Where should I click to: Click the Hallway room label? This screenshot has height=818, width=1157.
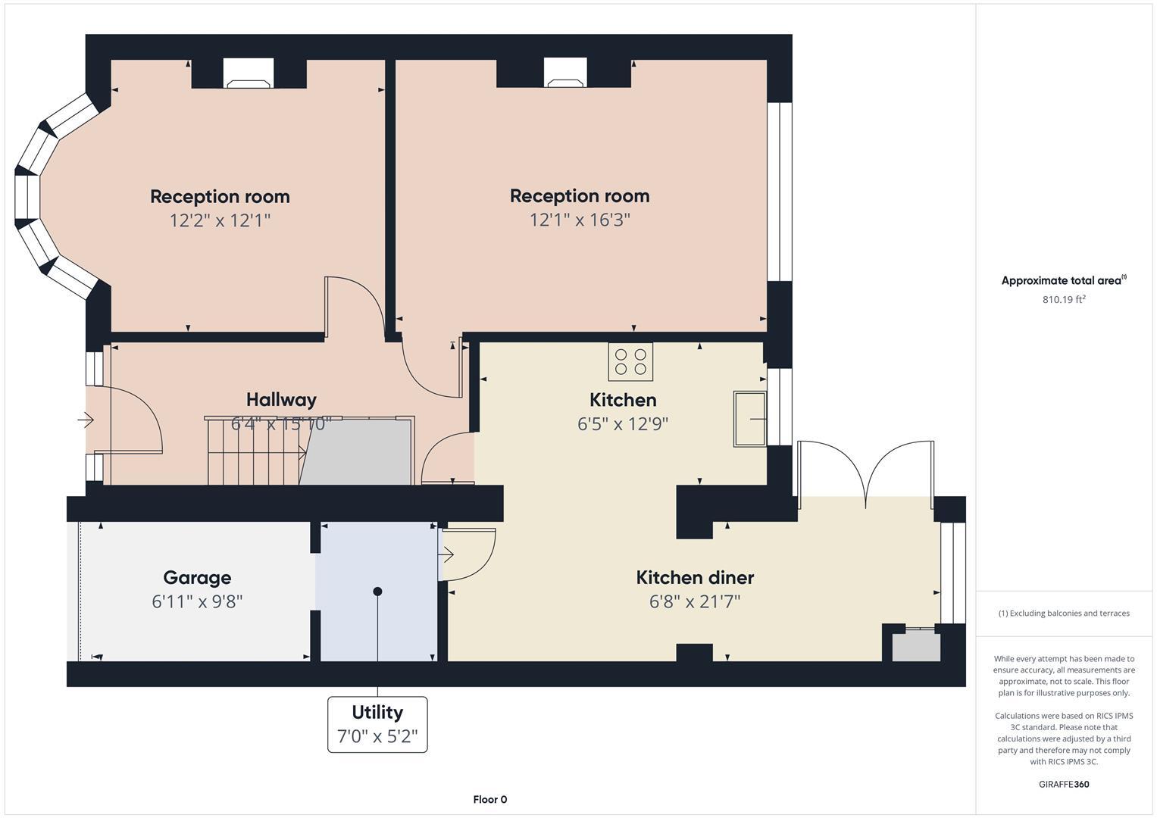pyautogui.click(x=281, y=399)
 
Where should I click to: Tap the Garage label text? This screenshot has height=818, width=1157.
pyautogui.click(x=197, y=577)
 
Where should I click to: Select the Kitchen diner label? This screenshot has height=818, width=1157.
pyautogui.click(x=695, y=577)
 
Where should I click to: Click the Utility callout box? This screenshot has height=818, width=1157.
pyautogui.click(x=377, y=724)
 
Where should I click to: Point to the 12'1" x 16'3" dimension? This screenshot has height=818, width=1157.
pyautogui.click(x=580, y=220)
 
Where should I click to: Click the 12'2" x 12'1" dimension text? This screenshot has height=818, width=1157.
pyautogui.click(x=220, y=220)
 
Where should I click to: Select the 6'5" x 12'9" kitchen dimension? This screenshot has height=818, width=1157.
pyautogui.click(x=623, y=423)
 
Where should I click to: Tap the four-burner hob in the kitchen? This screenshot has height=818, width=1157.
pyautogui.click(x=630, y=361)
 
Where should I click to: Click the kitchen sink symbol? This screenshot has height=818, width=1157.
pyautogui.click(x=749, y=419)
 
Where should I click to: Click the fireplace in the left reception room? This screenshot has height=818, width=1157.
pyautogui.click(x=248, y=75)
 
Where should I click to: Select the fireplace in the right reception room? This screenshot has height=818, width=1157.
pyautogui.click(x=564, y=74)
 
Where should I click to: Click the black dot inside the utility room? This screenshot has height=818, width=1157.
pyautogui.click(x=377, y=591)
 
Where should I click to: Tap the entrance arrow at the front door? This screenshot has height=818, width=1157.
pyautogui.click(x=85, y=419)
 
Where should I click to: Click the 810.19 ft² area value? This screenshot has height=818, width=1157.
pyautogui.click(x=1064, y=299)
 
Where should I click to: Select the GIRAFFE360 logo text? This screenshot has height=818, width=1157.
pyautogui.click(x=1064, y=784)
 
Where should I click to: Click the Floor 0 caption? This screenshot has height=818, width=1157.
pyautogui.click(x=489, y=799)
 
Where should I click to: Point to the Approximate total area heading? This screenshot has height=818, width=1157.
pyautogui.click(x=1062, y=280)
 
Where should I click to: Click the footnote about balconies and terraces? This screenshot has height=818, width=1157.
pyautogui.click(x=1064, y=613)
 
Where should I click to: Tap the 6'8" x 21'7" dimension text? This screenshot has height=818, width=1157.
pyautogui.click(x=695, y=601)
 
